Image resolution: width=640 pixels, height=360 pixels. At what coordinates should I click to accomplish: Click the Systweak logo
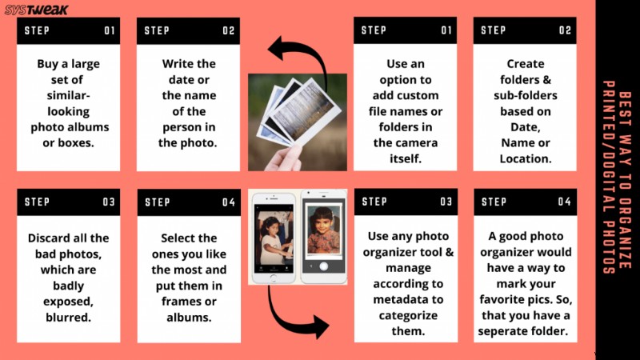36,10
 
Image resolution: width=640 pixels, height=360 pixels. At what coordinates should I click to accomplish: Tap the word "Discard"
49,238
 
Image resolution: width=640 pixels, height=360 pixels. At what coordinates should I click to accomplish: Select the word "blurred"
68,317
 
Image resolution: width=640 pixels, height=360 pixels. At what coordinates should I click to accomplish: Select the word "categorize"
408,315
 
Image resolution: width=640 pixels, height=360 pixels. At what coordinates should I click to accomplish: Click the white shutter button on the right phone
324,266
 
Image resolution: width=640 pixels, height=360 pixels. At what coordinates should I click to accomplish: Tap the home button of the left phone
273,278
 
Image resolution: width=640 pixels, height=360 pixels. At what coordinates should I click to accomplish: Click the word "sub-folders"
526,95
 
